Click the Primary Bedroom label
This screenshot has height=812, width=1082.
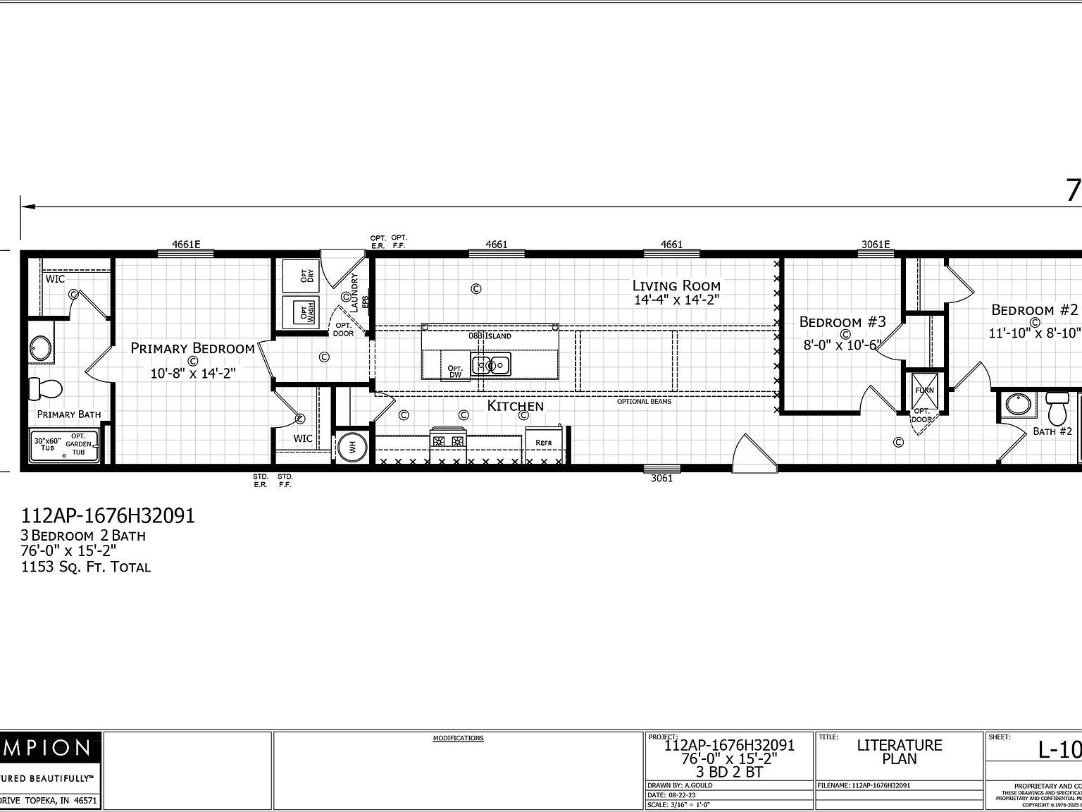click(x=192, y=348)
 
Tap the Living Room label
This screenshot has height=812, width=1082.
click(x=676, y=285)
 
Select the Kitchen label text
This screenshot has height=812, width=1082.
click(x=516, y=406)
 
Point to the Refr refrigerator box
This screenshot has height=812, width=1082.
click(x=543, y=443)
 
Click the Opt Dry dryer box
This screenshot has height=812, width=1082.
click(x=300, y=276)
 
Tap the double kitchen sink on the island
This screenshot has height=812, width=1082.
click(x=491, y=365)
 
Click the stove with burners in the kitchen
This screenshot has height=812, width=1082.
click(x=448, y=442)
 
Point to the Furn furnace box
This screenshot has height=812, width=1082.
click(x=924, y=390)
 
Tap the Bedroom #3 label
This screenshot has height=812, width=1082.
click(x=842, y=322)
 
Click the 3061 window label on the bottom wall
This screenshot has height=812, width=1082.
click(x=661, y=478)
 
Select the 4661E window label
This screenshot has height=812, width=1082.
click(x=186, y=245)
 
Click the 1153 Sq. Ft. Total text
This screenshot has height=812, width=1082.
click(x=86, y=567)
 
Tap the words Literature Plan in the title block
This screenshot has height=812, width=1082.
click(x=899, y=752)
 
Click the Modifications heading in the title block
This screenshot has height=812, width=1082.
click(x=458, y=738)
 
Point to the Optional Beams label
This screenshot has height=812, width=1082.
click(x=644, y=401)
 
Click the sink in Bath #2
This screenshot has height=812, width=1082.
click(x=1016, y=405)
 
